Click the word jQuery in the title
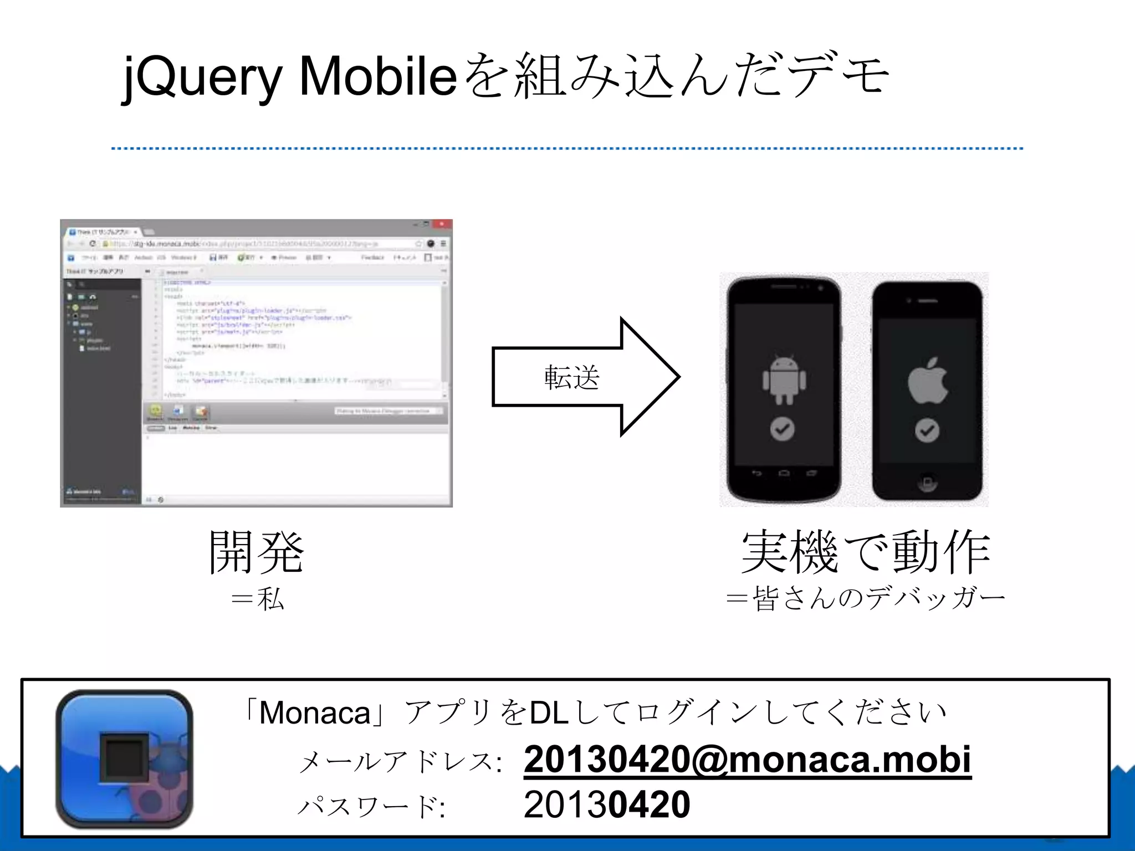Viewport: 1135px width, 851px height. click(202, 78)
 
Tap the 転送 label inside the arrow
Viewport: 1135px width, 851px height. click(571, 377)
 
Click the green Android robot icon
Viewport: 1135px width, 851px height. click(784, 380)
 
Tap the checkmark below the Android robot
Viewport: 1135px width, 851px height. click(783, 429)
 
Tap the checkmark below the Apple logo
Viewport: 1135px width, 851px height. click(927, 430)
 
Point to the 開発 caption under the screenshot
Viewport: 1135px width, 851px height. click(256, 552)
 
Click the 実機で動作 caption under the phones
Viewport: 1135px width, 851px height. click(866, 552)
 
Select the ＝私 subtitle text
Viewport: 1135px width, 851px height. click(258, 599)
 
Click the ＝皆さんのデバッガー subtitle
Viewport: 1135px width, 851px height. click(866, 599)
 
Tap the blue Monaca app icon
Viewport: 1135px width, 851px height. click(125, 758)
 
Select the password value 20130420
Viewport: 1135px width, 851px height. click(607, 804)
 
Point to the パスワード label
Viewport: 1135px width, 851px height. click(371, 806)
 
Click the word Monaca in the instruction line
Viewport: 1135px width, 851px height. click(314, 713)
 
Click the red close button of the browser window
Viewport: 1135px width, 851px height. click(442, 224)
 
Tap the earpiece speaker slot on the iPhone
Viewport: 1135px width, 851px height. click(928, 301)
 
